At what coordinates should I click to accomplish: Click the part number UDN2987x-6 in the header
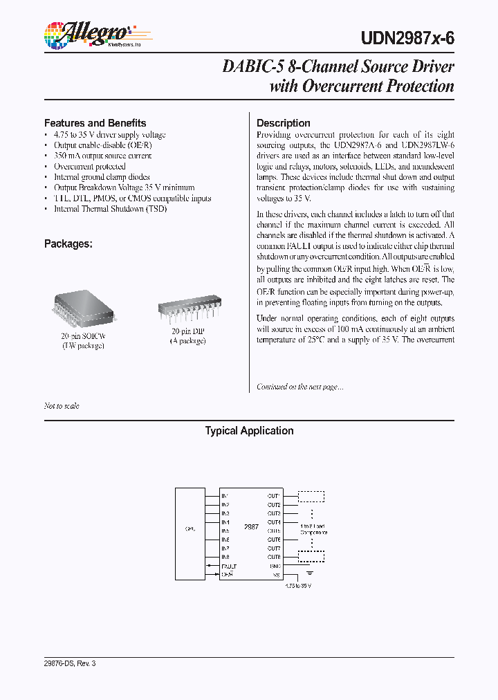point(409,39)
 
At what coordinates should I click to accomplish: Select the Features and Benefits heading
point(95,123)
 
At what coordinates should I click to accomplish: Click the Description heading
point(283,123)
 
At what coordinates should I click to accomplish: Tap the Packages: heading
point(68,243)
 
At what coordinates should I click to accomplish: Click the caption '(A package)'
point(189,341)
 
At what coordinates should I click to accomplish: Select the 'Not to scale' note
point(62,406)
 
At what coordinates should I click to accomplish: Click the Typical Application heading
point(249,431)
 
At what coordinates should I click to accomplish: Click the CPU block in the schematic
point(190,529)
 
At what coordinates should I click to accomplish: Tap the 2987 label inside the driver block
point(251,526)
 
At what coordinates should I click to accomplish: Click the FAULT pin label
point(228,566)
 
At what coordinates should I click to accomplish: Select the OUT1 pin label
point(274,496)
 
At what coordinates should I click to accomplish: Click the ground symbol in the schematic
point(309,572)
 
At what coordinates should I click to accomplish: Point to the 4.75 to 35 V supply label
point(298,586)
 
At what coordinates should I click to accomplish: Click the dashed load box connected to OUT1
point(311,496)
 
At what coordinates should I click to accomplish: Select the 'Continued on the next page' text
point(299,387)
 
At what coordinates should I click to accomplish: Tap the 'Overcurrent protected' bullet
point(90,167)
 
